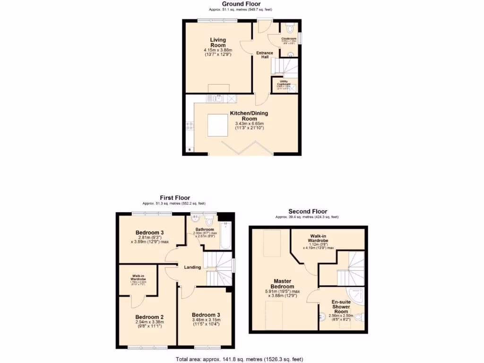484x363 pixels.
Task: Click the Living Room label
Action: point(218,43)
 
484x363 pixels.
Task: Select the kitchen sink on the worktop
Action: point(219,99)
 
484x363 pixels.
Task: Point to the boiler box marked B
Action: point(190,150)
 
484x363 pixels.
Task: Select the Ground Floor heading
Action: point(242,4)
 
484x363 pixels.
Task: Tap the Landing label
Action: point(193,268)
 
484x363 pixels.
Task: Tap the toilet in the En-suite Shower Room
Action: point(359,316)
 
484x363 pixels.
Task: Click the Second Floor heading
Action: point(308,211)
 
